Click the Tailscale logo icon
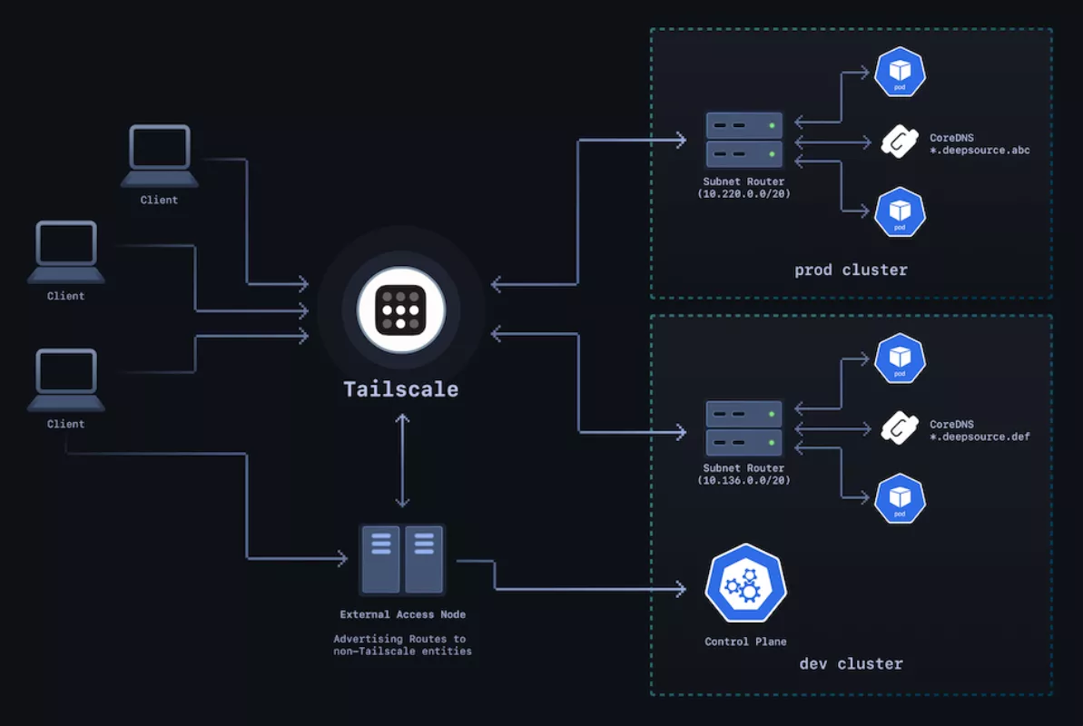(400, 309)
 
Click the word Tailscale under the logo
(400, 389)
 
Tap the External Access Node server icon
(401, 559)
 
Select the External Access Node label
(403, 614)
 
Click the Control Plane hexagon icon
(745, 583)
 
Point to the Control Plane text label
(745, 642)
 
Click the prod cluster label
(851, 270)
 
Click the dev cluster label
(851, 663)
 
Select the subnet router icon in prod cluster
(743, 140)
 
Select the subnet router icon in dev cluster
(743, 427)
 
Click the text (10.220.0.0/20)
(743, 194)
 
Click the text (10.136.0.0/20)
(743, 481)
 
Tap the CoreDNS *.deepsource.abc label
(980, 143)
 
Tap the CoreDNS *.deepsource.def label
(980, 430)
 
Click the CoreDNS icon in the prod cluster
(900, 142)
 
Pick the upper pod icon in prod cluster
(900, 72)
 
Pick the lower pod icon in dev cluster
(900, 498)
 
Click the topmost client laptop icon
(160, 155)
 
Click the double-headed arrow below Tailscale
(403, 461)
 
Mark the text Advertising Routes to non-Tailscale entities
(403, 645)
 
